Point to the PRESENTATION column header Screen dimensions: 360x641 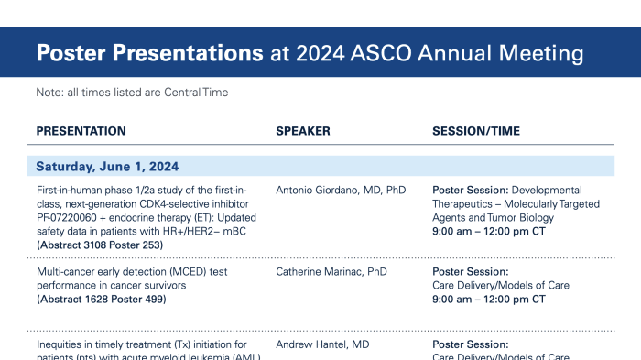(81, 131)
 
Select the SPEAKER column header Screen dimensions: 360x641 (303, 131)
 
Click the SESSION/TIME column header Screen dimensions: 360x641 (476, 131)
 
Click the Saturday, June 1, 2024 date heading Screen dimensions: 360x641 (107, 167)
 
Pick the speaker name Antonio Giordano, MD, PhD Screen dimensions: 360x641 (341, 191)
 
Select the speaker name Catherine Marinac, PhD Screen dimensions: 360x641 (333, 272)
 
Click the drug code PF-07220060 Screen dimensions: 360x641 (70, 218)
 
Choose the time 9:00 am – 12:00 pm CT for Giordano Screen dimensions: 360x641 (489, 232)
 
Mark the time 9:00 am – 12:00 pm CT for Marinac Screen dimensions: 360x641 (489, 300)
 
